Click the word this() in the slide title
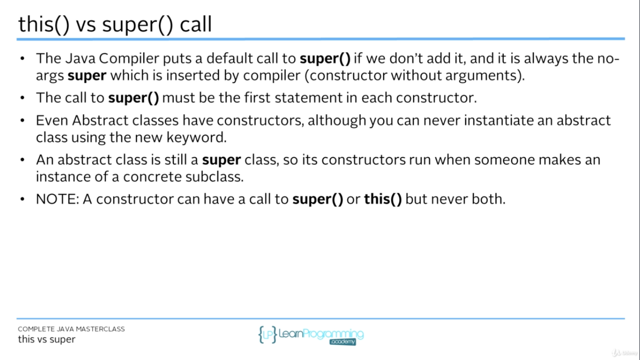(x=43, y=24)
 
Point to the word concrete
(x=149, y=177)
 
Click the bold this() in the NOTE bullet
(x=383, y=199)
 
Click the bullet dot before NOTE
(x=22, y=199)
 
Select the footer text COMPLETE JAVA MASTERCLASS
(x=71, y=329)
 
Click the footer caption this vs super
(x=46, y=339)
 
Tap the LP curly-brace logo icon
(x=268, y=334)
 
